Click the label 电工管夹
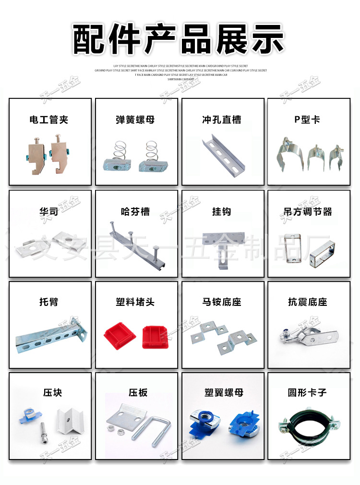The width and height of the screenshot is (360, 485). (x=49, y=120)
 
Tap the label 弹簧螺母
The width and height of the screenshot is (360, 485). (x=135, y=120)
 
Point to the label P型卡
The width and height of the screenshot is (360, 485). (x=307, y=120)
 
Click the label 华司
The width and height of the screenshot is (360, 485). (x=49, y=211)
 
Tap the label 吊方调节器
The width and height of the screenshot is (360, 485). (x=308, y=211)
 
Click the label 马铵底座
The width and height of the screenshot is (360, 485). (x=222, y=302)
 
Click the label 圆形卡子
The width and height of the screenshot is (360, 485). (x=307, y=393)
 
